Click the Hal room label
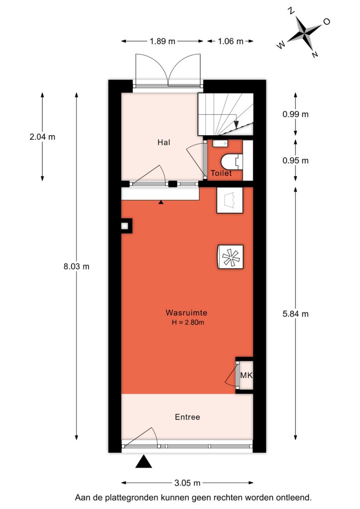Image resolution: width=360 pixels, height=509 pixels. [164, 142]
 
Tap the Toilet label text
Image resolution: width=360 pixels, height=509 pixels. [221, 173]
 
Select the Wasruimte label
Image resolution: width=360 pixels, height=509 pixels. [186, 313]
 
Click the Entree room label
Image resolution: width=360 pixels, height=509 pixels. [187, 417]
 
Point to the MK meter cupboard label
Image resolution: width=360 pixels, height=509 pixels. [246, 375]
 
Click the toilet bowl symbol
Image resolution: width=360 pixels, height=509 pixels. [231, 162]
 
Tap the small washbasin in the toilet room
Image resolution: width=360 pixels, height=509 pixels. [221, 143]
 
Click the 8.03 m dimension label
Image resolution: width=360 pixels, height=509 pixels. [76, 266]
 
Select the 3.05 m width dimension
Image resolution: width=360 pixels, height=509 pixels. [187, 483]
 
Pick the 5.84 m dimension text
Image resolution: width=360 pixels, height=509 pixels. [295, 314]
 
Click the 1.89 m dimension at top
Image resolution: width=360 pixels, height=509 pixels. [162, 41]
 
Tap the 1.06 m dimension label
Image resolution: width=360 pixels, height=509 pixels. [231, 41]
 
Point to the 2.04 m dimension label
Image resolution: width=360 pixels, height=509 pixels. [42, 137]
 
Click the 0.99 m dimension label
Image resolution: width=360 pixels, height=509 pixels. [295, 114]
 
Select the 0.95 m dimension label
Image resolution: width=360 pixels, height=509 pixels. [295, 161]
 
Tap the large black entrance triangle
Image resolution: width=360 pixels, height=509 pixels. [144, 462]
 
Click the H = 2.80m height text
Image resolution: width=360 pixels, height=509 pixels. [188, 322]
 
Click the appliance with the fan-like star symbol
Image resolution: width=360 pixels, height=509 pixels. [230, 256]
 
